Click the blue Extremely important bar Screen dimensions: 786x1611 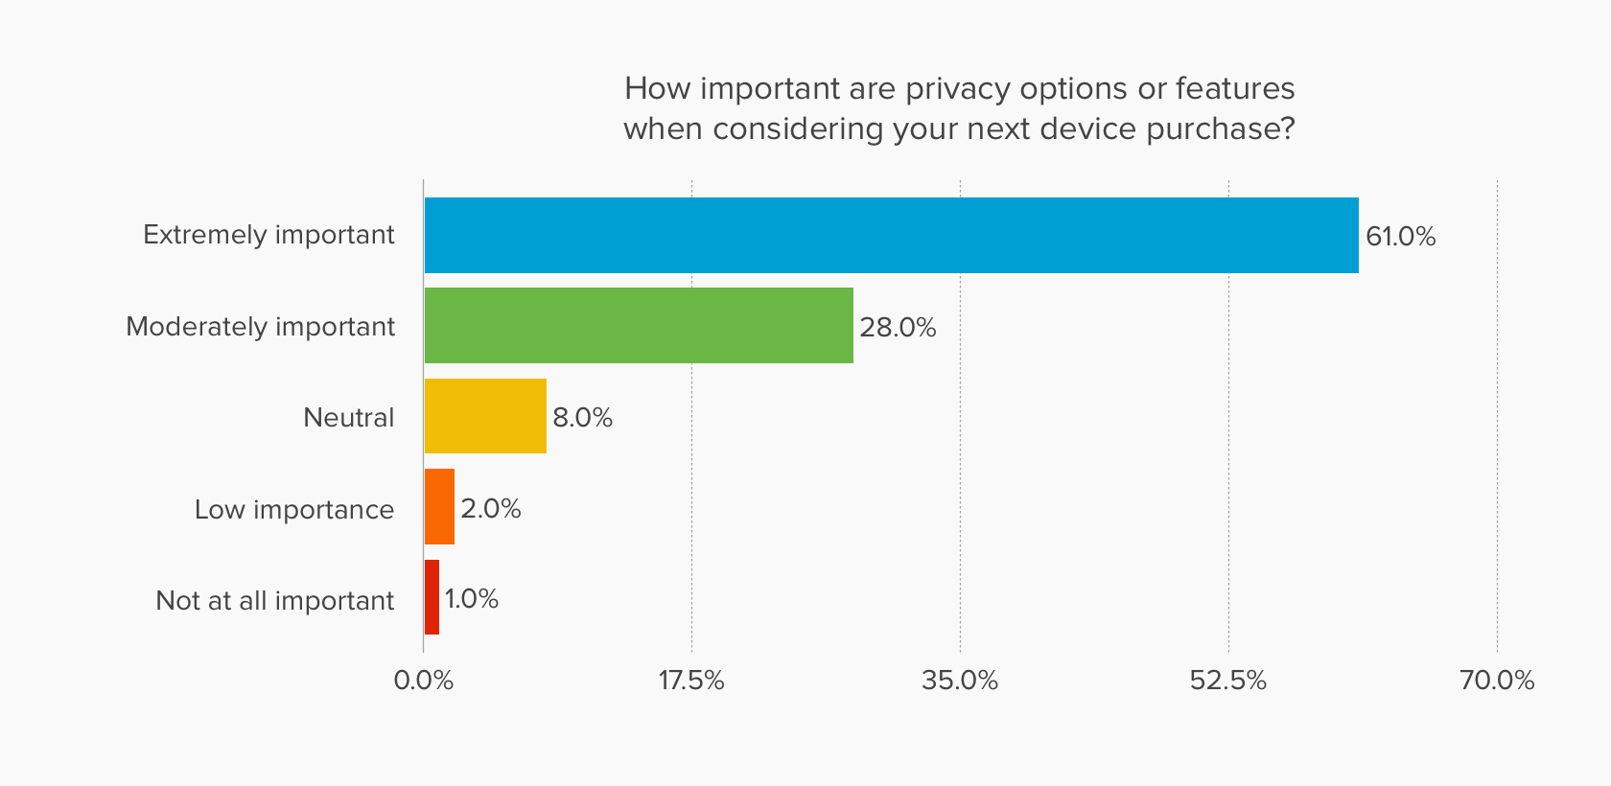tap(891, 236)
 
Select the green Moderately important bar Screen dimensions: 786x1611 tap(639, 326)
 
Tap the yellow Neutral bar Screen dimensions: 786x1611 tap(485, 416)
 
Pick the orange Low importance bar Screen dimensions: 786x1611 tap(439, 507)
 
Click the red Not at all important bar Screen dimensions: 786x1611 tap(432, 597)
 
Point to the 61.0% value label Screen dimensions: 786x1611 tap(1400, 237)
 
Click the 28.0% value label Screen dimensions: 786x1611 tap(898, 328)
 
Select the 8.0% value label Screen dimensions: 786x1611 tap(582, 418)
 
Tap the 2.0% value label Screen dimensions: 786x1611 tap(490, 509)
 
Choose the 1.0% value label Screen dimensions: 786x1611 tap(471, 599)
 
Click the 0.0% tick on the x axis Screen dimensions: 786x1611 tap(423, 681)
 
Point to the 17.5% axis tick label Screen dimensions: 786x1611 tap(690, 681)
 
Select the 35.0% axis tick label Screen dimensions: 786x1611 tap(959, 681)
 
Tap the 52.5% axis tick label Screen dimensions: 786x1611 tap(1227, 681)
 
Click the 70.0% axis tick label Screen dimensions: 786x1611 tap(1496, 681)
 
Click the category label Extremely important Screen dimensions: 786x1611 tap(268, 235)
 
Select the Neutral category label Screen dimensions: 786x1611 tap(348, 418)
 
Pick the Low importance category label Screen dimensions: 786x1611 tap(293, 509)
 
